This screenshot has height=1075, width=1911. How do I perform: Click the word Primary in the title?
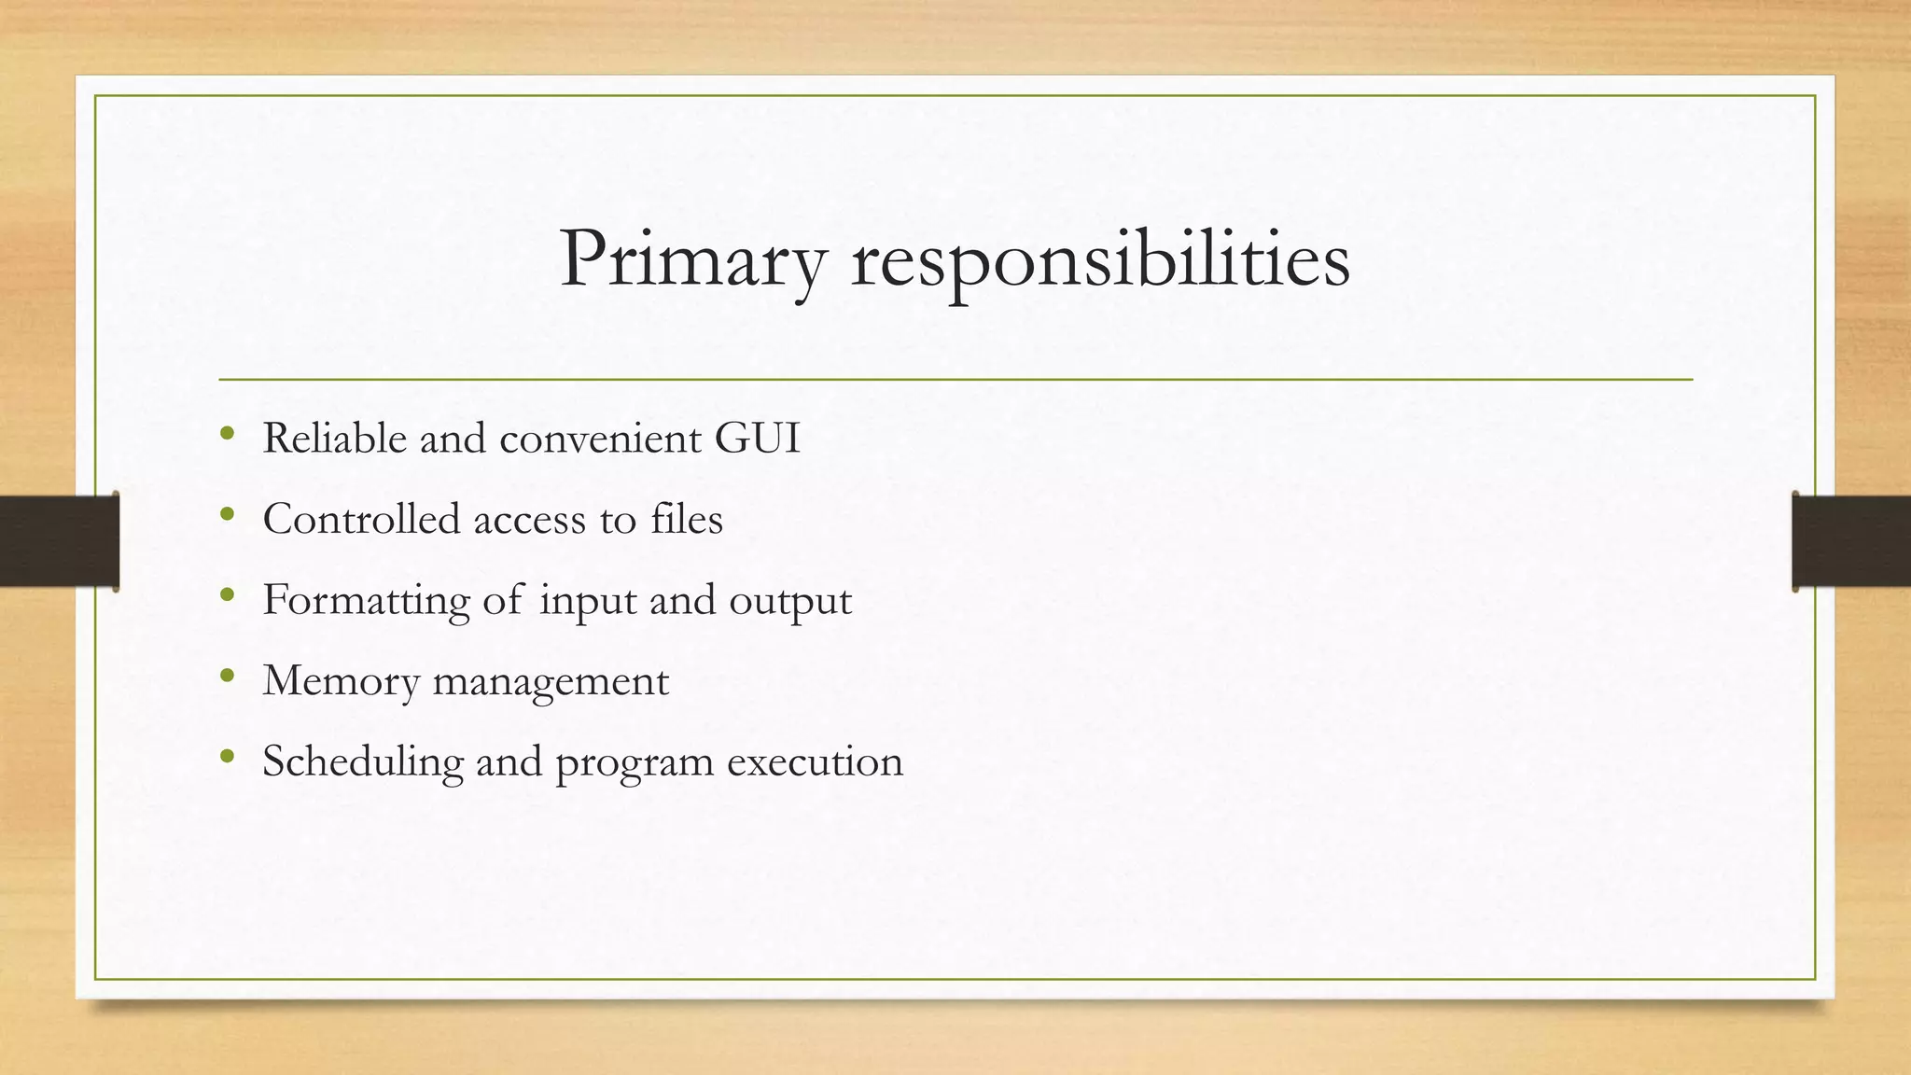pyautogui.click(x=692, y=260)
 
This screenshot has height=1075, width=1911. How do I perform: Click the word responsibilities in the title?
pyautogui.click(x=1100, y=260)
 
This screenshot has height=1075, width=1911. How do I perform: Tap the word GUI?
pyautogui.click(x=757, y=439)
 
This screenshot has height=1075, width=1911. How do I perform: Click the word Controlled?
pyautogui.click(x=361, y=519)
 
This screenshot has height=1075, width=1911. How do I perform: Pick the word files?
pyautogui.click(x=687, y=519)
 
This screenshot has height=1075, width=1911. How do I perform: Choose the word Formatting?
pyautogui.click(x=366, y=600)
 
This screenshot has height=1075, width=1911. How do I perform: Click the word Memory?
pyautogui.click(x=341, y=682)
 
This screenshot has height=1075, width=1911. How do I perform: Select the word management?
pyautogui.click(x=551, y=682)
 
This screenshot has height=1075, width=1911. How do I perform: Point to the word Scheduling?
pyautogui.click(x=363, y=761)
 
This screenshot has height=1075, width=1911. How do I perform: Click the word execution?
pyautogui.click(x=815, y=761)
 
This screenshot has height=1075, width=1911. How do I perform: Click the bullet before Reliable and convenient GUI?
pyautogui.click(x=227, y=433)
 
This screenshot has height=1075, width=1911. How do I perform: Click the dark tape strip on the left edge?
pyautogui.click(x=59, y=541)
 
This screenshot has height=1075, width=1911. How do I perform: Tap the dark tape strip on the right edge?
pyautogui.click(x=1851, y=541)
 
